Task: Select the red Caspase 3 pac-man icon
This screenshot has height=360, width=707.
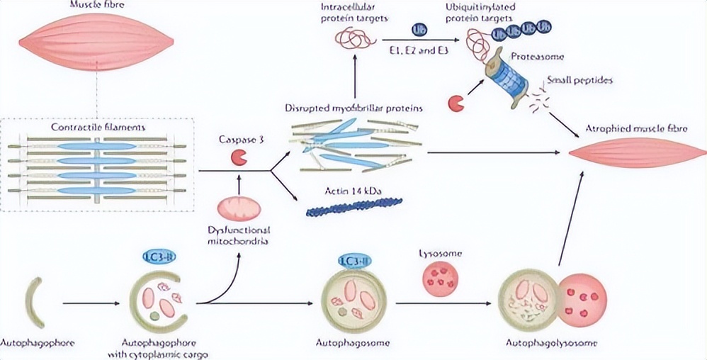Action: tap(237, 157)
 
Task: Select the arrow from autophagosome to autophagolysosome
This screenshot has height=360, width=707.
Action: tap(443, 304)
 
